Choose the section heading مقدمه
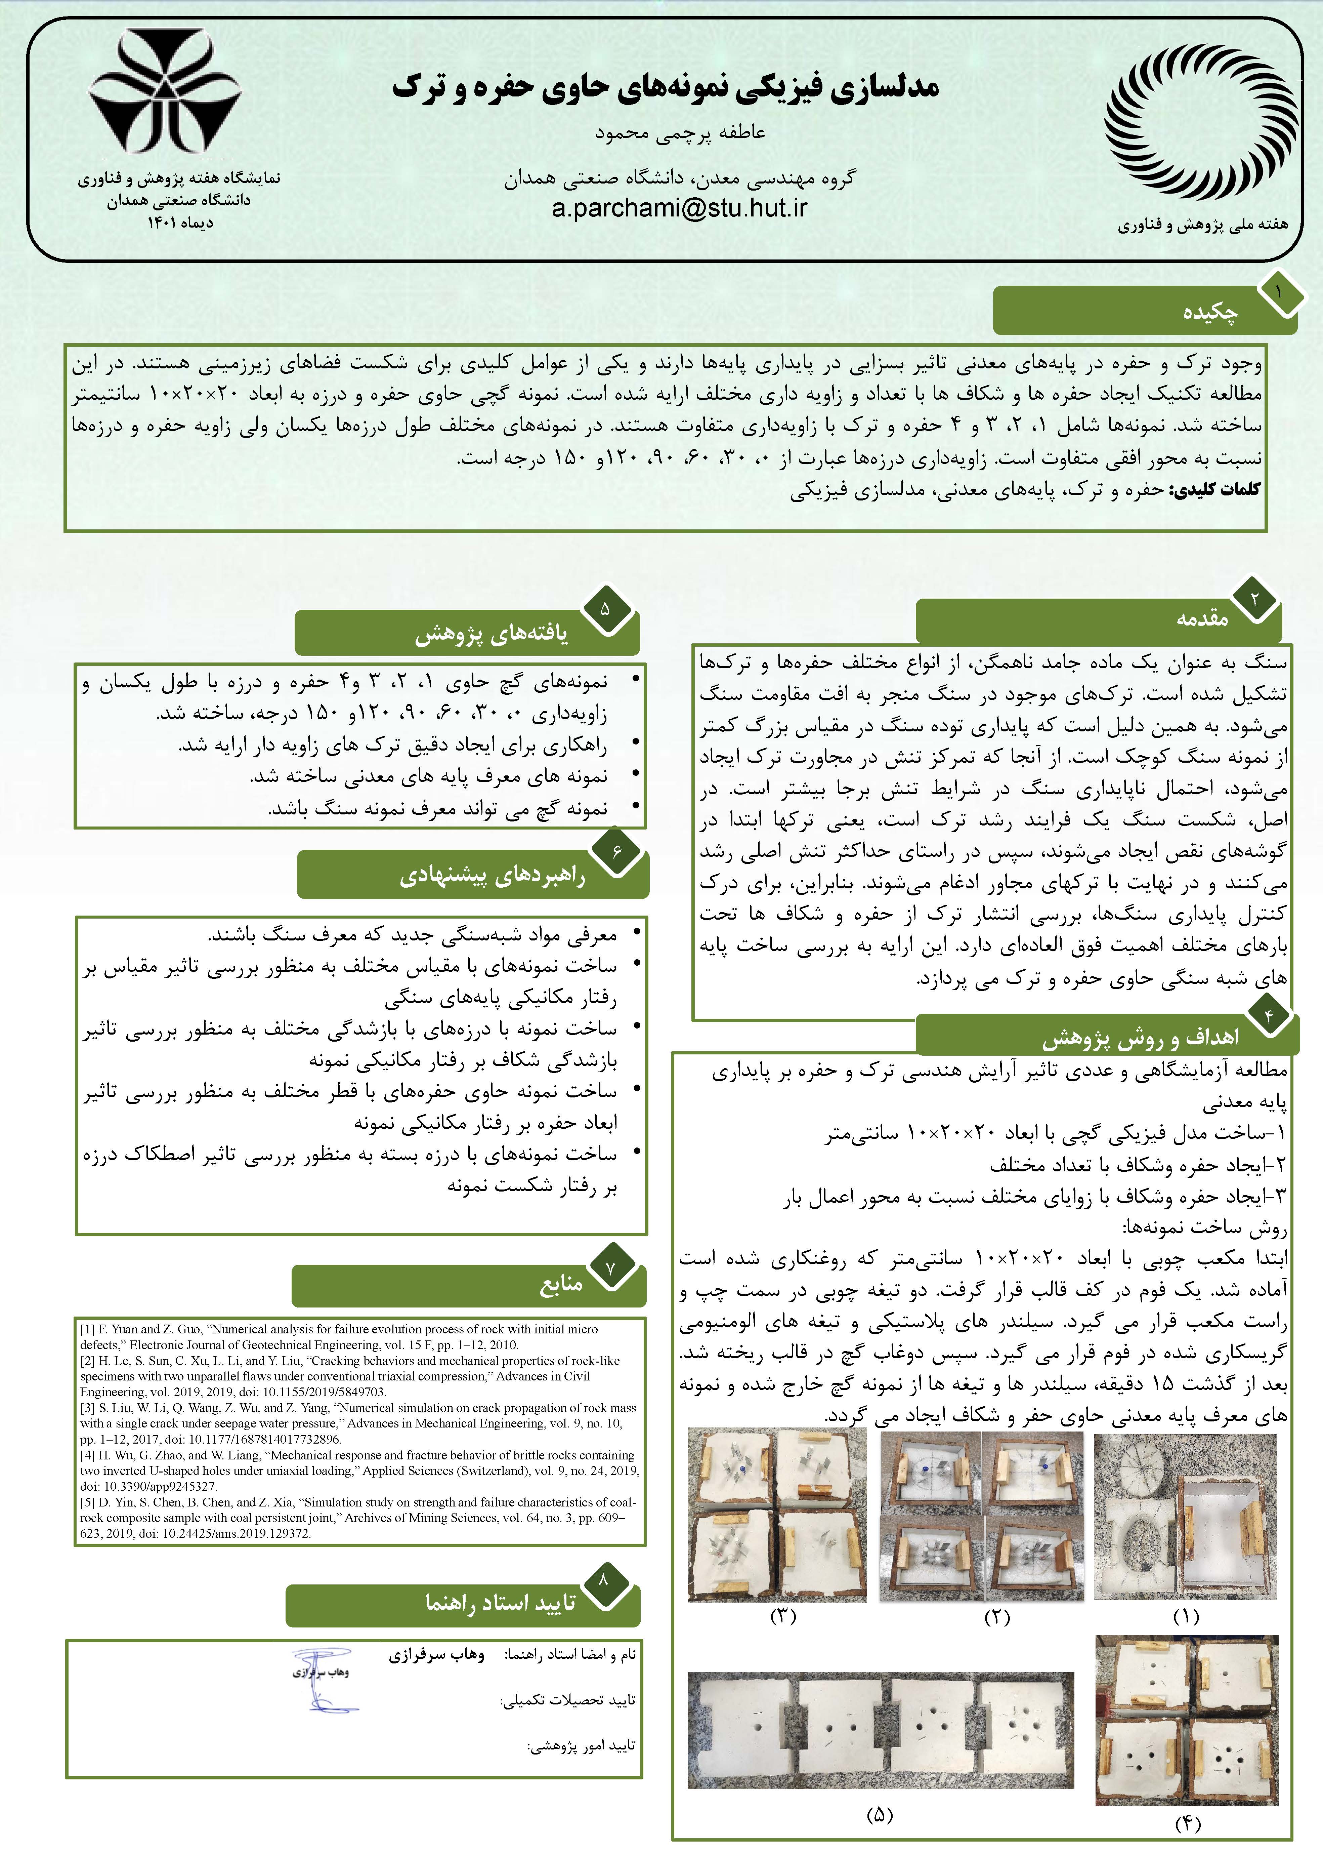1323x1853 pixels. (1202, 618)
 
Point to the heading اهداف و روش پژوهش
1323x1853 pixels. (1141, 1037)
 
